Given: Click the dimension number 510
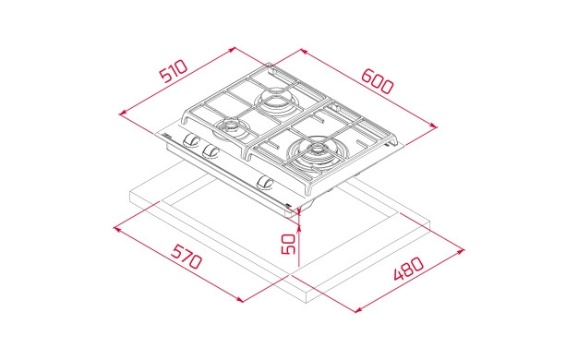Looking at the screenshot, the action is (174, 71).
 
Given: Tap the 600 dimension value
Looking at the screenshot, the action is (378, 81).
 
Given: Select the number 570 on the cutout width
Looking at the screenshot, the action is (187, 257).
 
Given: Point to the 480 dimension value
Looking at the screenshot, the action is (408, 269).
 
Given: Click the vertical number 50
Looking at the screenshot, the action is (288, 244).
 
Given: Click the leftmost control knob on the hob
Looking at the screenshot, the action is (190, 140).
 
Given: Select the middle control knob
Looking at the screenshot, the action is (211, 150).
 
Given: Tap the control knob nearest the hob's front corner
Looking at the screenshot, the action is (265, 182).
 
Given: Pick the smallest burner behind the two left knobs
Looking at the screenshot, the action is (231, 126).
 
